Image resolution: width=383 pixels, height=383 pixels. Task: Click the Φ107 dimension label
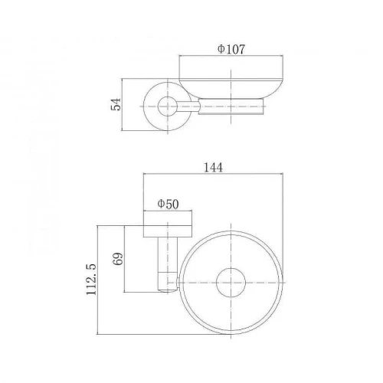coord(231,49)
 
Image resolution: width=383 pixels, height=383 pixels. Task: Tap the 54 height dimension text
coord(116,104)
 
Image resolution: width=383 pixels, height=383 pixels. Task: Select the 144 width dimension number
coord(213,168)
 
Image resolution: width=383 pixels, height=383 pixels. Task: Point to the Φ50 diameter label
coord(168,205)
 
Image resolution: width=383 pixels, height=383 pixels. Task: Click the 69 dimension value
coord(118,259)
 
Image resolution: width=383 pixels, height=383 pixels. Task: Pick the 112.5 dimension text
coord(91,280)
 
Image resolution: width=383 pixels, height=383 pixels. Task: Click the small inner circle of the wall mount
coord(168,106)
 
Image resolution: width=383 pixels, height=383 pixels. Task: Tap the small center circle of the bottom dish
coord(231,283)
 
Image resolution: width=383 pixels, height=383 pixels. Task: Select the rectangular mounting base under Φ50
coord(168,224)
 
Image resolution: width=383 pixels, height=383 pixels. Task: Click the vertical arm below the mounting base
coord(168,264)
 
